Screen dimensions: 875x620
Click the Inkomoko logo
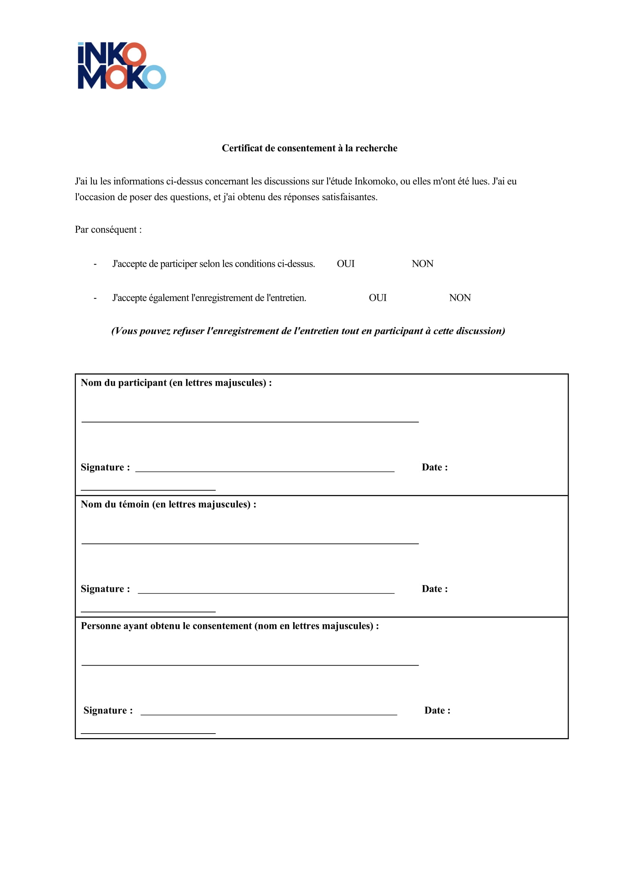121,65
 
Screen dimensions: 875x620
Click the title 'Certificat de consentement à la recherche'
309,148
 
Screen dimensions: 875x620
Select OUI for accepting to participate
346,264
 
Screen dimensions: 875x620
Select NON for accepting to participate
422,264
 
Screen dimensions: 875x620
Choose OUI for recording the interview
377,297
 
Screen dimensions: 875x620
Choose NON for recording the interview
460,297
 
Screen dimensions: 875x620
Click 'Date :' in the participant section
434,467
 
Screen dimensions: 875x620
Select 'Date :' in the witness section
434,589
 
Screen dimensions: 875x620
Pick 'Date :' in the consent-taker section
437,711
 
